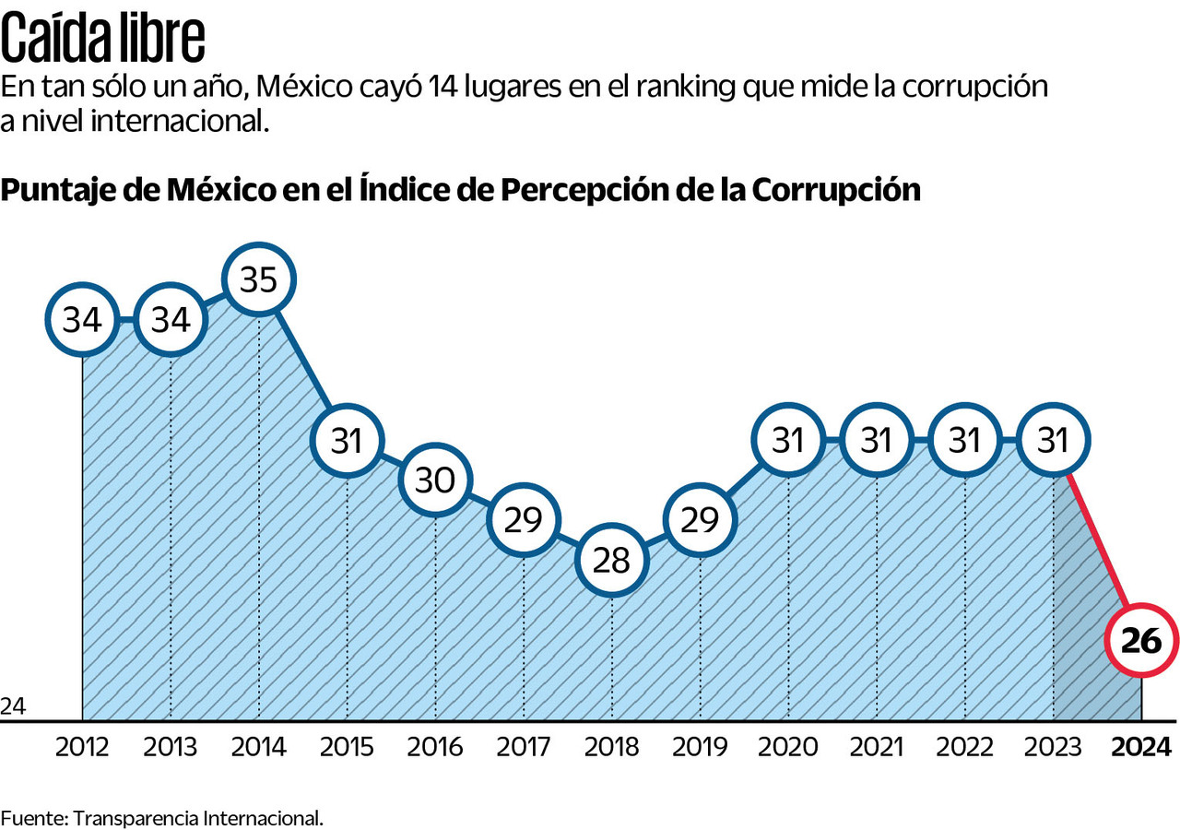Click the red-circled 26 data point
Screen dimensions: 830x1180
click(1141, 641)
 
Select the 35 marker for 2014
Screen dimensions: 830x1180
click(258, 280)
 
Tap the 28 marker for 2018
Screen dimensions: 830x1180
click(611, 559)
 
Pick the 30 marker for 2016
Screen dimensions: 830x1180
click(435, 480)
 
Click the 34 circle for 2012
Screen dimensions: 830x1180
click(82, 320)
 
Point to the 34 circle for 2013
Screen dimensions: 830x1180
click(171, 320)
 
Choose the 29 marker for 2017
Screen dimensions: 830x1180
click(523, 520)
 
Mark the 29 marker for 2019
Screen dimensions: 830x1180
click(700, 520)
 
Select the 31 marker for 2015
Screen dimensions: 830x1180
click(347, 441)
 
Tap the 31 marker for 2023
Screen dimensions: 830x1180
click(1053, 441)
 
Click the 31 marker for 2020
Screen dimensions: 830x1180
click(788, 441)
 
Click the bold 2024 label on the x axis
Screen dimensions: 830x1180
click(1141, 746)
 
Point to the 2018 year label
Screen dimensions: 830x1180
click(611, 746)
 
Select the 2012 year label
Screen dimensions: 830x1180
click(82, 746)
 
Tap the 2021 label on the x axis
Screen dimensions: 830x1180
click(876, 746)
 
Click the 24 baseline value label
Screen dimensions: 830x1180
click(13, 706)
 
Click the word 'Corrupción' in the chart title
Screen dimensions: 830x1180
click(836, 189)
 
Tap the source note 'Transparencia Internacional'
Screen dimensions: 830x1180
click(197, 817)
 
